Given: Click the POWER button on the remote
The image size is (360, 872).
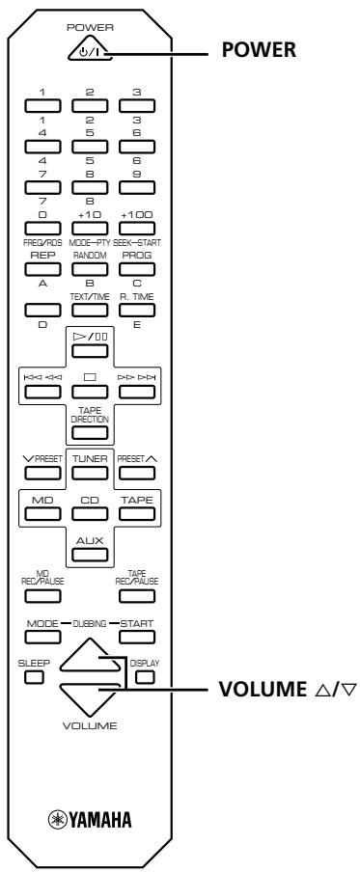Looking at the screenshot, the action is (90, 51).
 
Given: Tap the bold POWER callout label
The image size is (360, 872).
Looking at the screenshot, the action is (259, 50).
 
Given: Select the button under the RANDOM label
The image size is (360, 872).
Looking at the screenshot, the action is (90, 270).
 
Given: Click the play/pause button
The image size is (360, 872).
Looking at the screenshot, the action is (90, 350).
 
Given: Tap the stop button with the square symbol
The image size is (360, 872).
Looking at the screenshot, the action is (90, 391).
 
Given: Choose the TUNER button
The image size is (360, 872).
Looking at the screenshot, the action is (90, 473).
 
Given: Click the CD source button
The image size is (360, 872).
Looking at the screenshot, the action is (90, 513).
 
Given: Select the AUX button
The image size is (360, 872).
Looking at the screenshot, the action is (90, 554).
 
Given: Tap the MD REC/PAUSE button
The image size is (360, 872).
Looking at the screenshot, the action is (42, 595).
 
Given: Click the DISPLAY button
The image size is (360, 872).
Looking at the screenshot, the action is (145, 677).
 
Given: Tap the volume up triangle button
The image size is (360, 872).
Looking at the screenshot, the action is (90, 657).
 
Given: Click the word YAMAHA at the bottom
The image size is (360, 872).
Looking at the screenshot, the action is (99, 820).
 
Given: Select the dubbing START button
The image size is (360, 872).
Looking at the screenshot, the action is (136, 637).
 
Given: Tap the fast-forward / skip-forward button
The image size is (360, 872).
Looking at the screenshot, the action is (136, 391).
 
